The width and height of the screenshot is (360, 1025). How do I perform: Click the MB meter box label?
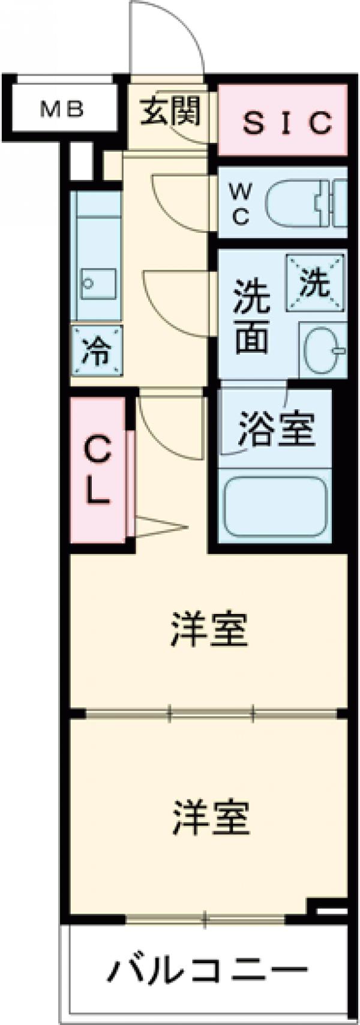62,110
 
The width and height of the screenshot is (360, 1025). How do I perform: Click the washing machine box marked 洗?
315,283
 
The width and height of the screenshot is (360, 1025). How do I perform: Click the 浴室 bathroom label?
277,428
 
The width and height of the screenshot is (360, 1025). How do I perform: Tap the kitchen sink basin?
98,284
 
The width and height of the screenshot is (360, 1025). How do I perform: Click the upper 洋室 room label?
208,628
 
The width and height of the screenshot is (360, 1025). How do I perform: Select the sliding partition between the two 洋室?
210,714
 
